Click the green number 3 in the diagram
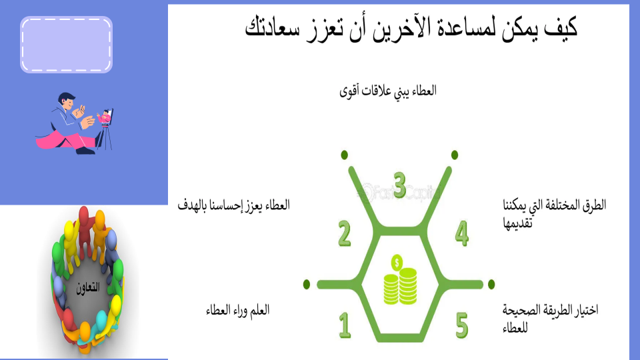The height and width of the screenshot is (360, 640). (399, 185)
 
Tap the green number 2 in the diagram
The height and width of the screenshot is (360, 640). (345, 233)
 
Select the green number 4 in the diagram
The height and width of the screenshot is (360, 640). (461, 233)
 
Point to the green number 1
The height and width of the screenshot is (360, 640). (345, 325)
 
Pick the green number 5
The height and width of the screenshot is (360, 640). (461, 325)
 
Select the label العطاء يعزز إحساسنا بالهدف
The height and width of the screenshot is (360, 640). (233, 205)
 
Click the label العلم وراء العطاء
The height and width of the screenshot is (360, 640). (237, 310)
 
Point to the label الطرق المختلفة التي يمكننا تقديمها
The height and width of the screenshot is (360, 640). (554, 213)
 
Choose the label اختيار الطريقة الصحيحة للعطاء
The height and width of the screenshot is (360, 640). (550, 319)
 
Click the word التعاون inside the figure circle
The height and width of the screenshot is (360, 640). (88, 288)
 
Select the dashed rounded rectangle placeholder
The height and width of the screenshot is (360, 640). (66, 45)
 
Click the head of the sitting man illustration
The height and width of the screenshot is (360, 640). (66, 101)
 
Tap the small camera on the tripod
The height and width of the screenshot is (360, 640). (105, 117)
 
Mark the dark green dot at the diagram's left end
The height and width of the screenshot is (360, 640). (307, 285)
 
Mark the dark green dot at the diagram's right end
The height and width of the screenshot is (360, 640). (491, 284)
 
